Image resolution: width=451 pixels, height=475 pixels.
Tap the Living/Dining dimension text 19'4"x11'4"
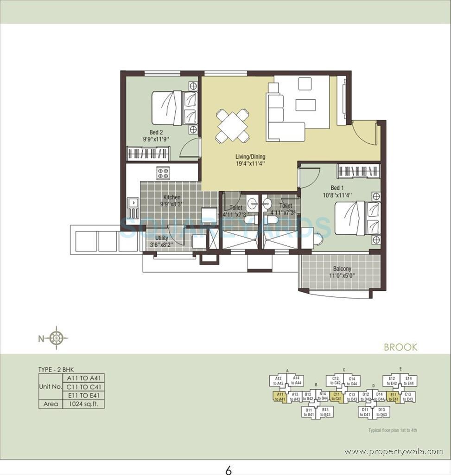pos(250,163)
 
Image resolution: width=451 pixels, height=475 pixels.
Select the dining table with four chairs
pos(232,125)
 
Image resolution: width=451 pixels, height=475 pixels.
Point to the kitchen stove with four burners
pos(163,173)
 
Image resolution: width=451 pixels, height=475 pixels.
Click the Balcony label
pos(342,269)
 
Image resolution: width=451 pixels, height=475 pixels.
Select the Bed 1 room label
pos(337,188)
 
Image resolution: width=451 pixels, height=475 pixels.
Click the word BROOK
pos(400,347)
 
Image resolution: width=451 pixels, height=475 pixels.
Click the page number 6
pos(228,470)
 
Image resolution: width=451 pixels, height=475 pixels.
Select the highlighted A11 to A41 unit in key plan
pos(279,397)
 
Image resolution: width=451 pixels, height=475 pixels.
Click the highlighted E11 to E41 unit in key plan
pos(394,397)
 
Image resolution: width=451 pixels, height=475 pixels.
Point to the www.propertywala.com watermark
pos(394,451)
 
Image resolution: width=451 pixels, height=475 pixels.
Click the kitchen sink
pos(133,203)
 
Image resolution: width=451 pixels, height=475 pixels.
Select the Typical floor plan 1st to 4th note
pos(392,430)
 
